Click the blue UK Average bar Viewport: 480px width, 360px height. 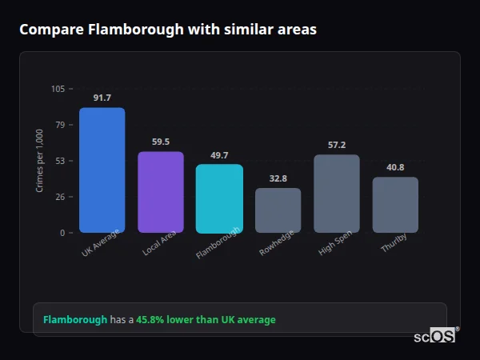(102, 170)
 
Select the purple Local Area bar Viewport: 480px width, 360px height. (160, 192)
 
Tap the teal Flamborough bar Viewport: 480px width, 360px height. (219, 198)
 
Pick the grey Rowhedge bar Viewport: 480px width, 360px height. (278, 210)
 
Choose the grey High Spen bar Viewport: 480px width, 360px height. (336, 194)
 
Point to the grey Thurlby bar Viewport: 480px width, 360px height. (395, 205)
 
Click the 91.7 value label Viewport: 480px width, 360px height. (102, 98)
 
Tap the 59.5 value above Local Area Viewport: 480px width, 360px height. (160, 142)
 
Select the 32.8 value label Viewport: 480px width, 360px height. (278, 178)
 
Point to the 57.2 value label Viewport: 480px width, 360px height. (336, 145)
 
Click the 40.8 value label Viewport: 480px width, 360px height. (395, 167)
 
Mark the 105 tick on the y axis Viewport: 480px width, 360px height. (58, 89)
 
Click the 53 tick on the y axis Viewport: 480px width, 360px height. (60, 161)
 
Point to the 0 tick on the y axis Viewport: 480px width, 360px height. (62, 233)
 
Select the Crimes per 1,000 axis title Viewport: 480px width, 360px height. (40, 161)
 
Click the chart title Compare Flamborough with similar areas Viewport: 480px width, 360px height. (168, 30)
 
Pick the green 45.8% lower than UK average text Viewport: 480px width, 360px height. (206, 319)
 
